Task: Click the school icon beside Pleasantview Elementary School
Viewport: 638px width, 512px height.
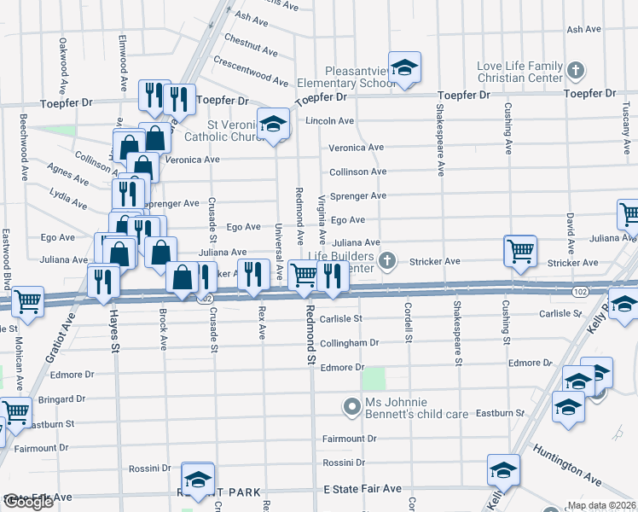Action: click(x=404, y=67)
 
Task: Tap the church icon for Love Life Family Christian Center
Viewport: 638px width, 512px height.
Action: click(x=576, y=69)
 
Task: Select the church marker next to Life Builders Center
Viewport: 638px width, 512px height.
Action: click(x=387, y=259)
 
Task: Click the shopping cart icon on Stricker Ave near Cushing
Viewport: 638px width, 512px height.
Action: click(x=520, y=251)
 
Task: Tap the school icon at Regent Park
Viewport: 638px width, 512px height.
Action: click(x=199, y=479)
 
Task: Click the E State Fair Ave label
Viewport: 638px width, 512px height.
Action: click(x=362, y=489)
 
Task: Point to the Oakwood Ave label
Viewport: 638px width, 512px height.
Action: click(x=63, y=65)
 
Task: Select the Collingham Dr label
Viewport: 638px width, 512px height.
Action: click(x=350, y=343)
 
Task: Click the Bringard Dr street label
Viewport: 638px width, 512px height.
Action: click(x=61, y=399)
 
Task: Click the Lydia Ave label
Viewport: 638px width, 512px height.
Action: click(x=67, y=199)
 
